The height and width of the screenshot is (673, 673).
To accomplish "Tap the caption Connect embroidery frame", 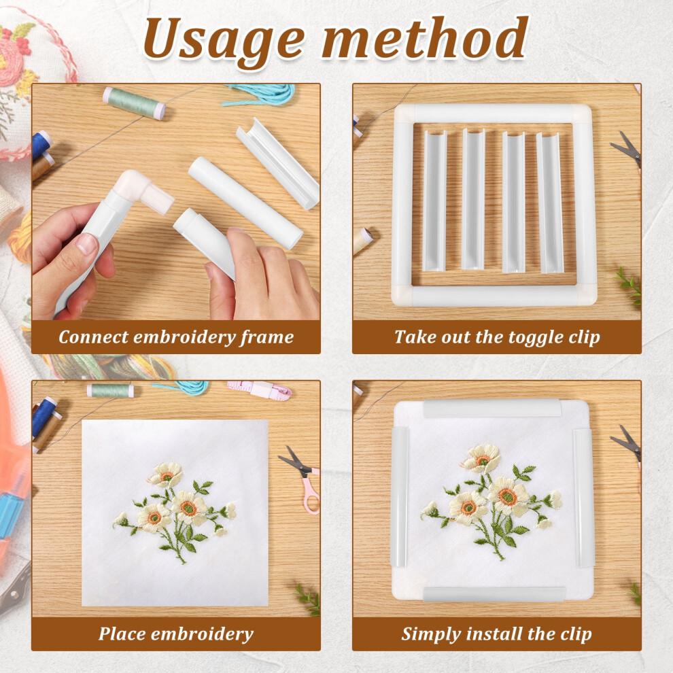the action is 176,337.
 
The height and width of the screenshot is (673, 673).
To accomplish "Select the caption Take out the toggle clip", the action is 497,337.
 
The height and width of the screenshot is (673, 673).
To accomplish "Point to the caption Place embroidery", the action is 176,634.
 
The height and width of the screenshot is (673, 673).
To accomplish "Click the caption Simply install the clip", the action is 497,634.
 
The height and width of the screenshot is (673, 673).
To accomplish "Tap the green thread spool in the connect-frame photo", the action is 134,103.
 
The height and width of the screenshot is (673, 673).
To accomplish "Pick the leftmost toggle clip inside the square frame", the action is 434,201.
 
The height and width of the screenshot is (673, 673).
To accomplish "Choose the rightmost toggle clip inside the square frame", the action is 550,203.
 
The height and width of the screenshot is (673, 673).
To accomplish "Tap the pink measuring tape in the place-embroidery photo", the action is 259,390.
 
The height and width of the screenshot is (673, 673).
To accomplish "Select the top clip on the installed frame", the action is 492,408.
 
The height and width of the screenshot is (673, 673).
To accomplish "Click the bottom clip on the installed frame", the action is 494,594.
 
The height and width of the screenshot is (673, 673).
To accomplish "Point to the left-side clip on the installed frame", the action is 399,497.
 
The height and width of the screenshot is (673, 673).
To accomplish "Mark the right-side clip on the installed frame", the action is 584,497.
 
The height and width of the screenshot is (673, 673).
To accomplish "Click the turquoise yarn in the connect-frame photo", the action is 262,94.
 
